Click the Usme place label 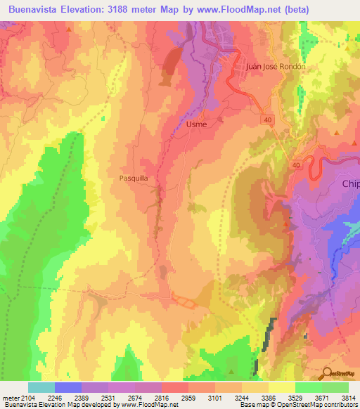(x=197, y=124)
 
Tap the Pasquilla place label (x=133, y=178)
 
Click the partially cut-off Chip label (x=350, y=184)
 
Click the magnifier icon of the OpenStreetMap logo (x=328, y=373)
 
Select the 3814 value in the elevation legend (x=348, y=397)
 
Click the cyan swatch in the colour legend (x=41, y=387)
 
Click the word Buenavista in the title (x=35, y=8)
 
